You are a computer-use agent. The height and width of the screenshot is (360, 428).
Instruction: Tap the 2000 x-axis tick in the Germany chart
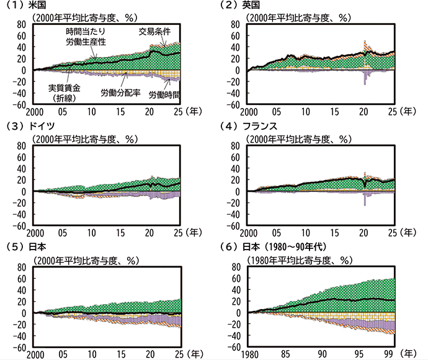(35, 233)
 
